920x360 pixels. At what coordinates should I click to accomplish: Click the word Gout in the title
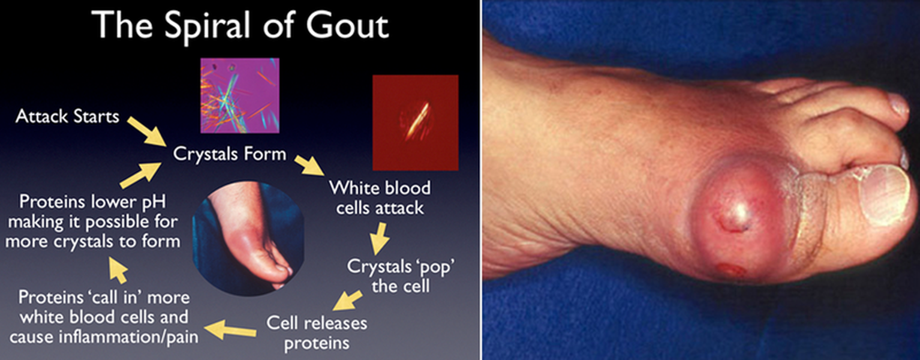pos(347,25)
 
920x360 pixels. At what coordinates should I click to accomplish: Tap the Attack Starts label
pos(67,116)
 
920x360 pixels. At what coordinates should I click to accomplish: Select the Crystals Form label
pos(230,154)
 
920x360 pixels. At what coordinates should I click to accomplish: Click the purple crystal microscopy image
pos(240,95)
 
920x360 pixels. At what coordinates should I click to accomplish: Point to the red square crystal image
pos(415,122)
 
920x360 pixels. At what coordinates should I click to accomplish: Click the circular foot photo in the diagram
pos(248,238)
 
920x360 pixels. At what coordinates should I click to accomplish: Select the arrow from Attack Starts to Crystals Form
pos(146,131)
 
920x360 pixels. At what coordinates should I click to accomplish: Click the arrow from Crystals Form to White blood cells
pos(309,165)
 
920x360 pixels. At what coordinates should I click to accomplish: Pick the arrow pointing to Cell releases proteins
pos(347,301)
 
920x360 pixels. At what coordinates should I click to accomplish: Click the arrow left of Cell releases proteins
pos(230,329)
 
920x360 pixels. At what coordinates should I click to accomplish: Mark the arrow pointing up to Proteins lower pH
pos(118,269)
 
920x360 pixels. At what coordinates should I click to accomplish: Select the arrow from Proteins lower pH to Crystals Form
pos(140,175)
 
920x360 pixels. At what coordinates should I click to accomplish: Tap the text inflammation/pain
pos(128,337)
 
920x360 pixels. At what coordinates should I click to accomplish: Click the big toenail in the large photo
pos(886,196)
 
